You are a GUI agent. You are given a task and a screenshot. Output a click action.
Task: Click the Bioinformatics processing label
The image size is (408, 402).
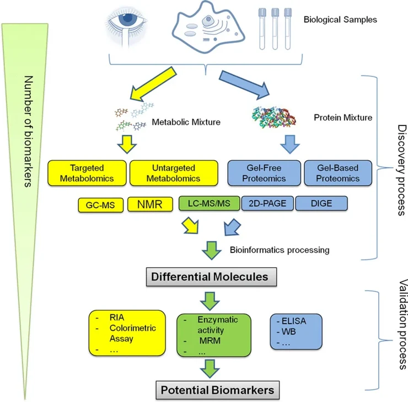(x=279, y=250)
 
